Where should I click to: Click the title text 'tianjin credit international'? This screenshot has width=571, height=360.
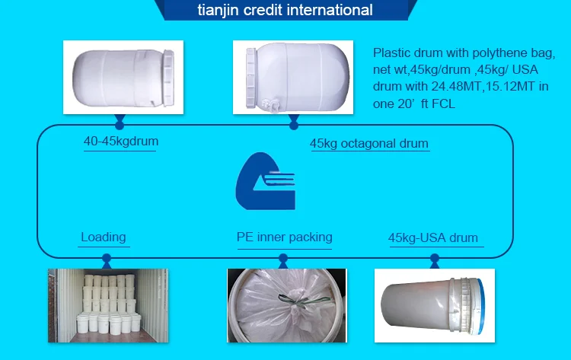pos(285,10)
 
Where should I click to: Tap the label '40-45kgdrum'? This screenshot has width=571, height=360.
pos(121,142)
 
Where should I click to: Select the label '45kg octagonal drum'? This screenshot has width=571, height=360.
pos(369,143)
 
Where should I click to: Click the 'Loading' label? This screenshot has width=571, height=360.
pos(104,237)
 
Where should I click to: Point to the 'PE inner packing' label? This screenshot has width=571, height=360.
pos(285,237)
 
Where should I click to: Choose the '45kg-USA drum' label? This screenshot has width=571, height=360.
pos(433,238)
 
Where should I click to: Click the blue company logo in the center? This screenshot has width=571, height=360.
pos(266,181)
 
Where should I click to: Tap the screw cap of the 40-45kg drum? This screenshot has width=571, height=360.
pos(168,78)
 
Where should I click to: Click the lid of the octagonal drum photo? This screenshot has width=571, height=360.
pos(251,78)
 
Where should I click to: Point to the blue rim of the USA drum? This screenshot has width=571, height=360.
pos(480,306)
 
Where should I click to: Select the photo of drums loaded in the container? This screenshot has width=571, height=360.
pos(108,306)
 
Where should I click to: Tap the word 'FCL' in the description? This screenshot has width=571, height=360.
pos(443,104)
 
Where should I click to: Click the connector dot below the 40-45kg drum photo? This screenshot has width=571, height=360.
pos(120,126)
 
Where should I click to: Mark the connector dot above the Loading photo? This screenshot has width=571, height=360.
pos(107,258)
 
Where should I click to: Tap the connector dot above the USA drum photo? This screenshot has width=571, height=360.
pos(435,258)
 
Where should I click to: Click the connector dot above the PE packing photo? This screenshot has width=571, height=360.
pos(283,258)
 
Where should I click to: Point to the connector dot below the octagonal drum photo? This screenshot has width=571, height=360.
pos(294,126)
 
